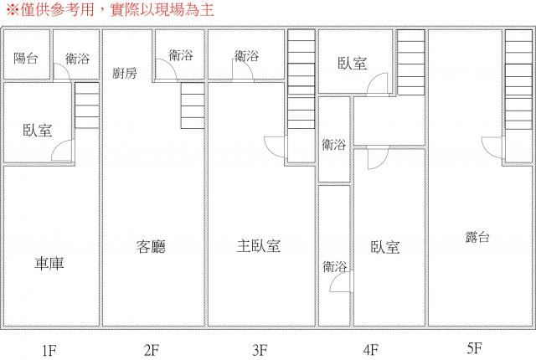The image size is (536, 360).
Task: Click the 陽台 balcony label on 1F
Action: (26, 58)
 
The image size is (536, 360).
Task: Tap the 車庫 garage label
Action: (49, 264)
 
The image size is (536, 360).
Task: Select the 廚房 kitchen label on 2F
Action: (125, 73)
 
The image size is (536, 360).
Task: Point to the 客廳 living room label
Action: (151, 247)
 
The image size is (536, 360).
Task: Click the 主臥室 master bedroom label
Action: (259, 246)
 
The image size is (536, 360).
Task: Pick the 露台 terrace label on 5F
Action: (477, 237)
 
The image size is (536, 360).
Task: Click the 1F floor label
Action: (49, 351)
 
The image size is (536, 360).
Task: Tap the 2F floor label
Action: (152, 350)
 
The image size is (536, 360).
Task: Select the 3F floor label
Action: (260, 350)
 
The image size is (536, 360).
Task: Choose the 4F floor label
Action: (371, 350)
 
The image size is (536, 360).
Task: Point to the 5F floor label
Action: (474, 348)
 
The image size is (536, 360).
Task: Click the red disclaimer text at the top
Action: (110, 9)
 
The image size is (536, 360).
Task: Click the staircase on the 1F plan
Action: (87, 105)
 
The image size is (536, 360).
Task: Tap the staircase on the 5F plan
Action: (518, 80)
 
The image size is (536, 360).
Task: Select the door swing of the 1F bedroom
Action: (63, 151)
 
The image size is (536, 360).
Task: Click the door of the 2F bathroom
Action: (166, 69)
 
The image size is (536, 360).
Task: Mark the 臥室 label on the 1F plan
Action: (37, 131)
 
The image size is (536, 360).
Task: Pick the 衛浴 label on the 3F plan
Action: (246, 55)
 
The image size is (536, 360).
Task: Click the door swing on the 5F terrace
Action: (492, 147)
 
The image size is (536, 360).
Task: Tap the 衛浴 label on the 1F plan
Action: (78, 59)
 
